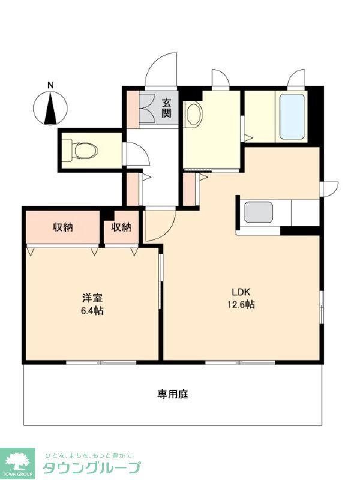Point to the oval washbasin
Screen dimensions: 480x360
(193, 114)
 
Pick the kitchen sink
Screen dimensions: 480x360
(259, 212)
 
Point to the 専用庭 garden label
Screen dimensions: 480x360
(173, 394)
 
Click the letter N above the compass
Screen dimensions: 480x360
(51, 85)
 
